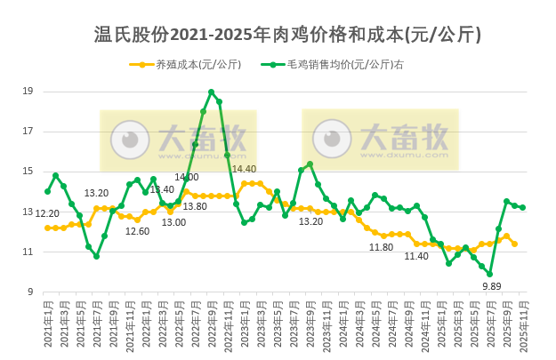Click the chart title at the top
pyautogui.click(x=288, y=35)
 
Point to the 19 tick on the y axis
pyautogui.click(x=28, y=92)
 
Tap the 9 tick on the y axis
pyautogui.click(x=30, y=292)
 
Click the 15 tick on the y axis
pyautogui.click(x=28, y=172)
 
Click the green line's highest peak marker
pyautogui.click(x=211, y=92)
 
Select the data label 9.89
pyautogui.click(x=492, y=286)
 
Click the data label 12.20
pyautogui.click(x=47, y=213)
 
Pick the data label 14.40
pyautogui.click(x=244, y=169)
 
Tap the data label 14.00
pyautogui.click(x=187, y=178)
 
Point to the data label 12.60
pyautogui.click(x=137, y=231)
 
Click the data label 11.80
pyautogui.click(x=382, y=247)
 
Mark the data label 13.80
pyautogui.click(x=195, y=206)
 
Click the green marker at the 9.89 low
pyautogui.click(x=489, y=274)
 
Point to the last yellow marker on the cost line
pyautogui.click(x=514, y=244)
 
